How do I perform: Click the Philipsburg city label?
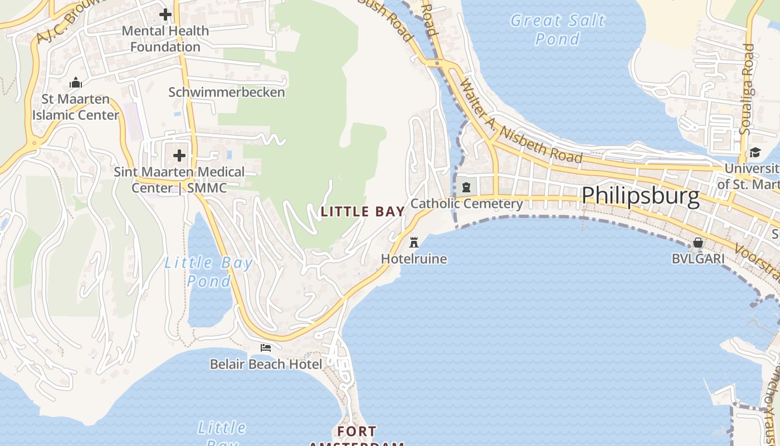click(x=640, y=196)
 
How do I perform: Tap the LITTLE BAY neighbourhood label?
click(x=363, y=212)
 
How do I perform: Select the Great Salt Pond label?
click(x=558, y=30)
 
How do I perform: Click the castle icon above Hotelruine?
click(x=414, y=243)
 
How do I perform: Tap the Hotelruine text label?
click(x=414, y=259)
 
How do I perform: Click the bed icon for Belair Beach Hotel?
click(x=266, y=348)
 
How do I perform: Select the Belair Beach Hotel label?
click(x=266, y=365)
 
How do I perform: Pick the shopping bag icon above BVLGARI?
click(x=698, y=243)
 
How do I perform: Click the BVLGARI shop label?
click(x=698, y=259)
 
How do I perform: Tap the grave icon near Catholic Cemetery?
click(x=466, y=187)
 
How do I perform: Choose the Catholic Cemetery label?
click(x=466, y=203)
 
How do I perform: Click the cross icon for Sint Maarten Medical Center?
click(x=179, y=155)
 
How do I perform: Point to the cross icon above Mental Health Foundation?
click(x=165, y=14)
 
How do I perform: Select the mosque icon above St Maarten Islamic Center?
click(x=76, y=83)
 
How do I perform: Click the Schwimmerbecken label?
click(x=227, y=93)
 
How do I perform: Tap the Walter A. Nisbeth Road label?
click(x=521, y=126)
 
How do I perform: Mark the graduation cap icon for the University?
click(x=755, y=152)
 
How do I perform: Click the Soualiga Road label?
click(x=747, y=89)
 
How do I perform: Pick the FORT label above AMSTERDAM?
click(x=357, y=432)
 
